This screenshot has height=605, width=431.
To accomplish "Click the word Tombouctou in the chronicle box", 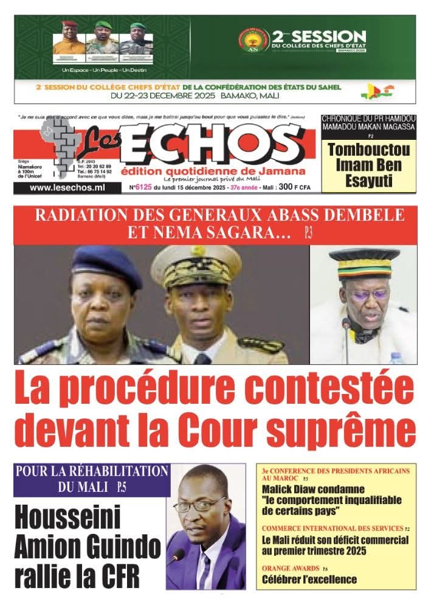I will (x=369, y=150).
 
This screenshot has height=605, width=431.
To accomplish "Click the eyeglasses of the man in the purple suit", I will (x=198, y=504).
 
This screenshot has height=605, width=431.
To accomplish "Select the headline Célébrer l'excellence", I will (x=309, y=579).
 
